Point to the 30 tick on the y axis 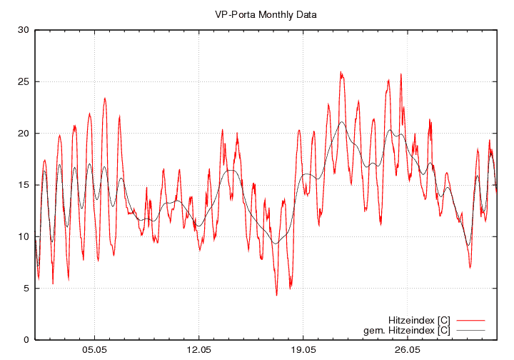pyautogui.click(x=22, y=30)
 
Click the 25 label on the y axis pyautogui.click(x=22, y=81)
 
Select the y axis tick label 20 pyautogui.click(x=22, y=133)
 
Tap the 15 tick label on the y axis pyautogui.click(x=22, y=185)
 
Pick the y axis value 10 pyautogui.click(x=22, y=236)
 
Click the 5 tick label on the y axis pyautogui.click(x=25, y=288)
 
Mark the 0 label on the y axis pyautogui.click(x=25, y=339)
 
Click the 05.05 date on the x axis pyautogui.click(x=94, y=350)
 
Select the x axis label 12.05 pyautogui.click(x=198, y=350)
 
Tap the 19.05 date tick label pyautogui.click(x=303, y=350)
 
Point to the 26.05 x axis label pyautogui.click(x=407, y=350)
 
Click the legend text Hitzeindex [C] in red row pyautogui.click(x=419, y=319)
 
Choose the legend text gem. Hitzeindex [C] pyautogui.click(x=407, y=330)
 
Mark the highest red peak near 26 pyautogui.click(x=341, y=72)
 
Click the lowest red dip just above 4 pyautogui.click(x=276, y=294)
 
